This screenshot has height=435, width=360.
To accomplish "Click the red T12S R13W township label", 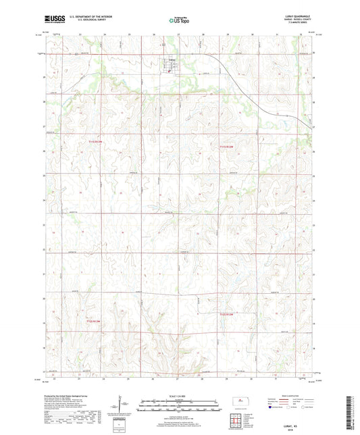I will (x=97, y=321).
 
